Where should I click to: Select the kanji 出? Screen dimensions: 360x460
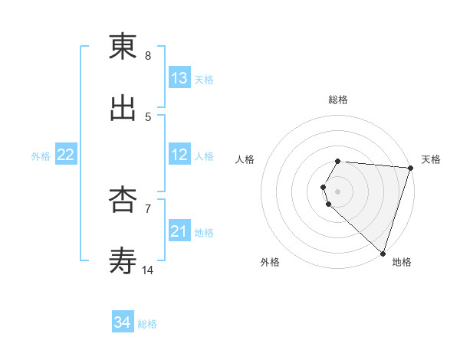pyautogui.click(x=123, y=108)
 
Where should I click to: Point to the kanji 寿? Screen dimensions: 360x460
pyautogui.click(x=123, y=261)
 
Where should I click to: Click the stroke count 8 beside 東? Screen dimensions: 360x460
pyautogui.click(x=148, y=56)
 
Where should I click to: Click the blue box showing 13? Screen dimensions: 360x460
pyautogui.click(x=179, y=78)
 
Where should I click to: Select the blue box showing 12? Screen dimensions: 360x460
pyautogui.click(x=179, y=155)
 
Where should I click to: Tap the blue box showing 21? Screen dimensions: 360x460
pyautogui.click(x=179, y=231)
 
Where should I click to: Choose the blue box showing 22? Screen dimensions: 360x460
pyautogui.click(x=66, y=155)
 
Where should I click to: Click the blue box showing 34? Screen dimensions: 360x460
pyautogui.click(x=123, y=322)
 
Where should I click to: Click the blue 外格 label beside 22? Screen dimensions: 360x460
pyautogui.click(x=41, y=156)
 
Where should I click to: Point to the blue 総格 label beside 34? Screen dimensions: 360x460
pyautogui.click(x=147, y=324)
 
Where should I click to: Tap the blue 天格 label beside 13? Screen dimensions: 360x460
pyautogui.click(x=203, y=80)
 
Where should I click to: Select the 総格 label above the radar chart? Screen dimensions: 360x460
pyautogui.click(x=338, y=100)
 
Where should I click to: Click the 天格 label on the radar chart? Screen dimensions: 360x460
pyautogui.click(x=431, y=159)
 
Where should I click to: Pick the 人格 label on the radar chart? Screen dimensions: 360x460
pyautogui.click(x=245, y=159)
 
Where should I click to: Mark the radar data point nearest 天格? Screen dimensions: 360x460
pyautogui.click(x=410, y=168)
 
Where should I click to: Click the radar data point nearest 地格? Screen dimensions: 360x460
pyautogui.click(x=383, y=253)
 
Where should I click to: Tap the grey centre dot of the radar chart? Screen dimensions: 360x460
pyautogui.click(x=338, y=191)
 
